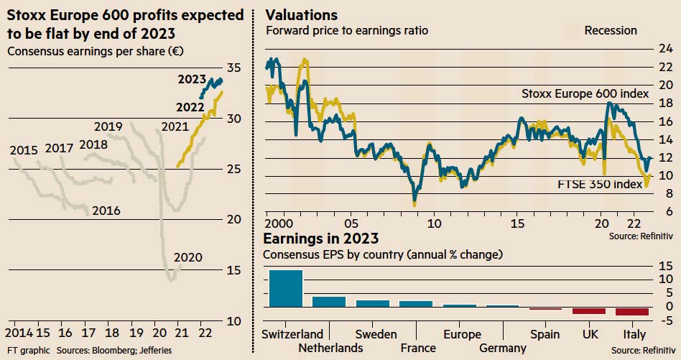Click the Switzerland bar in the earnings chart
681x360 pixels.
pos(286,288)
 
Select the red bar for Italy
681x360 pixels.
pos(632,311)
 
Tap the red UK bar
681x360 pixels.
pos(589,310)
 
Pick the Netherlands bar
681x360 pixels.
pos(329,302)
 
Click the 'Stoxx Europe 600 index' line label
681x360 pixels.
pos(585,94)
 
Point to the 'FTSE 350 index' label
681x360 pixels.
pos(600,184)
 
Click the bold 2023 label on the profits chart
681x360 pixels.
pos(192,80)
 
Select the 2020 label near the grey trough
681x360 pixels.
pos(188,257)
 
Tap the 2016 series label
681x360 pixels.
pos(106,211)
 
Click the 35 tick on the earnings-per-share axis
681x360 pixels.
pos(233,68)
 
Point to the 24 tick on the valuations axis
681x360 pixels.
pos(666,48)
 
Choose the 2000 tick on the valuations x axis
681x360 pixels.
pos(279,223)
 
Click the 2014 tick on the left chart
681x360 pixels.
pos(19,333)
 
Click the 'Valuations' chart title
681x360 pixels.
pos(302,15)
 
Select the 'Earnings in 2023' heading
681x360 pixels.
pos(321,239)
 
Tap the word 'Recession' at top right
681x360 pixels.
pos(611,30)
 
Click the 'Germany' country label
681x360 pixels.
pos(503,348)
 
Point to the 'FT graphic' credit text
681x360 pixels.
pos(28,350)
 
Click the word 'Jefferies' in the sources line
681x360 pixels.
pos(155,350)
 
